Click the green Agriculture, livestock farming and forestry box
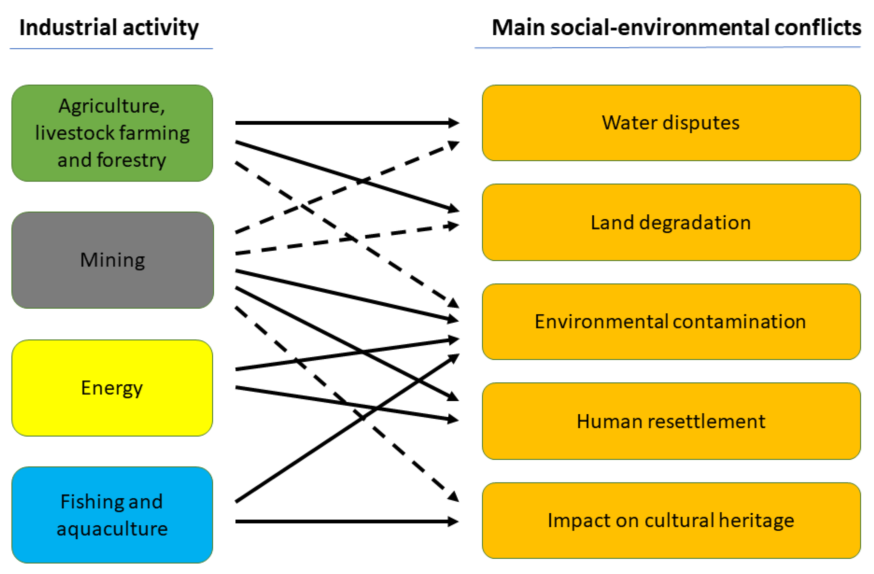click(112, 133)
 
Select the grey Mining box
click(112, 260)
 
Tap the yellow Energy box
click(112, 388)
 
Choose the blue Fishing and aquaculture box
click(112, 515)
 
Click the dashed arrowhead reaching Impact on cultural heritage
click(454, 496)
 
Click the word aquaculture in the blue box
click(112, 529)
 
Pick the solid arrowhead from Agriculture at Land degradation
click(454, 209)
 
